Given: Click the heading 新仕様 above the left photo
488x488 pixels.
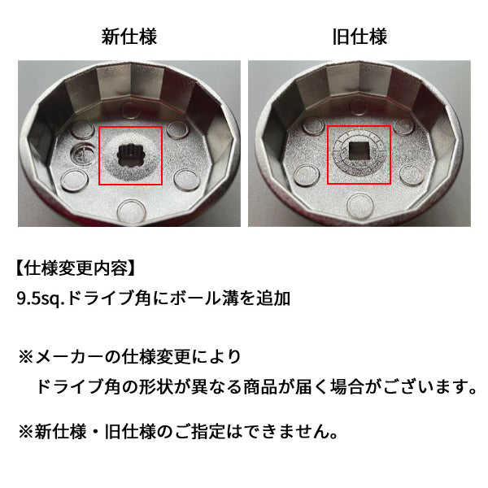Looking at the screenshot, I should click(129, 37).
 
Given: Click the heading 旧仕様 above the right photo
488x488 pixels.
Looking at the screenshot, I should click(359, 37).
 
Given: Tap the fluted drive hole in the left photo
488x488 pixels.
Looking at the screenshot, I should click(131, 151).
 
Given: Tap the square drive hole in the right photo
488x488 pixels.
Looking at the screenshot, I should click(359, 151).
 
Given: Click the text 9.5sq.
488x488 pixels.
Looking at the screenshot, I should click(40, 298).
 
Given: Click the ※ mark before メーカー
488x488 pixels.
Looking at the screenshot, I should click(27, 357).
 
